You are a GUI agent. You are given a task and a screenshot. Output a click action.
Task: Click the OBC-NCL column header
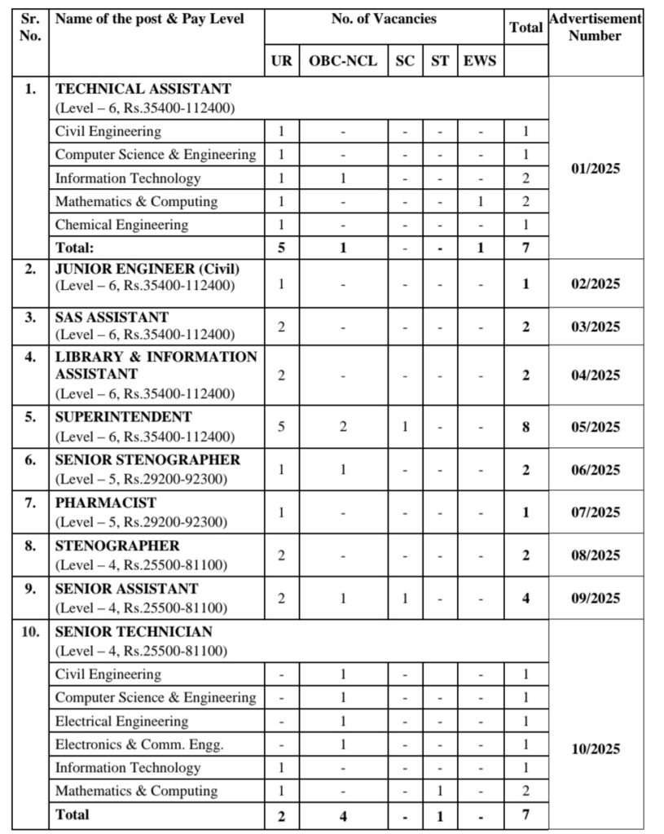click(x=343, y=61)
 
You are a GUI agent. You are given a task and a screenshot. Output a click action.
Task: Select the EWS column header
click(x=479, y=61)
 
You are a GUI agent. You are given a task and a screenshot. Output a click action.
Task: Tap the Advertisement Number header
click(x=595, y=28)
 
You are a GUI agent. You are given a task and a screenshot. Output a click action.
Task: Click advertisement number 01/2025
click(x=595, y=169)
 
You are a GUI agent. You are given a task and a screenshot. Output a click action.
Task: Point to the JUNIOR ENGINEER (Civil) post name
click(x=147, y=269)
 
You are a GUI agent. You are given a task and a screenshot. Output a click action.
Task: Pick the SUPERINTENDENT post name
click(x=124, y=416)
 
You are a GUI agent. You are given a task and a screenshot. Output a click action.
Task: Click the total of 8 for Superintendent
click(x=525, y=427)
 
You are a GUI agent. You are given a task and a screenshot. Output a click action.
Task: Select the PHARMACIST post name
click(x=106, y=503)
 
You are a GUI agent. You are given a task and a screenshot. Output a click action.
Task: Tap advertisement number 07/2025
click(x=595, y=512)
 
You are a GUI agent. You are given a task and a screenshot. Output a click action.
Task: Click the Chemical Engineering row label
click(x=121, y=225)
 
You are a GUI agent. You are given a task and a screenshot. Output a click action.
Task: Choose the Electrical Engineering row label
click(x=121, y=722)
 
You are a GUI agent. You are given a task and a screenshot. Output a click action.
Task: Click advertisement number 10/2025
click(x=595, y=749)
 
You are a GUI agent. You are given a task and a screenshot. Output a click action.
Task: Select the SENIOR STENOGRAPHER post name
click(x=147, y=459)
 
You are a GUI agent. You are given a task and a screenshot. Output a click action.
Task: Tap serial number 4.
click(x=30, y=358)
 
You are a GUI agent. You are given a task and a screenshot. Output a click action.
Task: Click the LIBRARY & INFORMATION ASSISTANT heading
click(x=156, y=365)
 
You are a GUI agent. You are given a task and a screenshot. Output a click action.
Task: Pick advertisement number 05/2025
click(x=595, y=427)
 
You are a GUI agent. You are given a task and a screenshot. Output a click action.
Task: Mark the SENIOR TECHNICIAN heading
click(x=134, y=631)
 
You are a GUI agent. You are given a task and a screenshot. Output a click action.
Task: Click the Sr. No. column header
click(x=30, y=28)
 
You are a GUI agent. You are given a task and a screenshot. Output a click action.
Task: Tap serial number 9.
click(x=30, y=588)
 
